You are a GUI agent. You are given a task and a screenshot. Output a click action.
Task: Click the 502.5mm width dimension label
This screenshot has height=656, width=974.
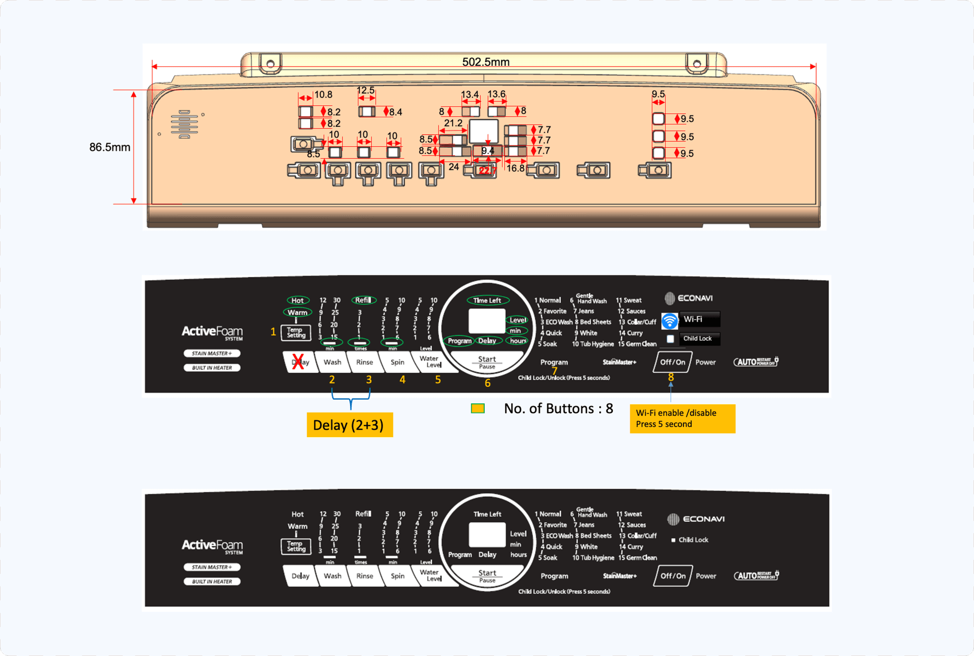[x=486, y=62]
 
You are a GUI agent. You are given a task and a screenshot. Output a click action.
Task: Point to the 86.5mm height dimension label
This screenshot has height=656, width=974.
[x=109, y=147]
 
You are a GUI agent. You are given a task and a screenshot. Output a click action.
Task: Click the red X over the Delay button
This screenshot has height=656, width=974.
[x=298, y=361]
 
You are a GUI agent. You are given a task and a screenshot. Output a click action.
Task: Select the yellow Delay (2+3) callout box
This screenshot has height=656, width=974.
[x=350, y=425]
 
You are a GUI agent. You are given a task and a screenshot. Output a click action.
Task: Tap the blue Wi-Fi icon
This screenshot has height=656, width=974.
[x=670, y=321]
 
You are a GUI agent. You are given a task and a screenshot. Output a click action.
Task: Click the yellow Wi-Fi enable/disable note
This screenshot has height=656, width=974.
[x=682, y=419]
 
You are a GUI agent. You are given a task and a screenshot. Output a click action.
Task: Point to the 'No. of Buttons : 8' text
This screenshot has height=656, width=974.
[x=558, y=409]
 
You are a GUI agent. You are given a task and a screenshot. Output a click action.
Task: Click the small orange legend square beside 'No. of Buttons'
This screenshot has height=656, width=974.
[x=477, y=409]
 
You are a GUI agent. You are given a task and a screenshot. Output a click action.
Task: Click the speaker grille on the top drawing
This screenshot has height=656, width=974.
[x=184, y=124]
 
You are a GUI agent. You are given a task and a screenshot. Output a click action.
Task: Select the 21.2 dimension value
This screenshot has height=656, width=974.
[x=453, y=123]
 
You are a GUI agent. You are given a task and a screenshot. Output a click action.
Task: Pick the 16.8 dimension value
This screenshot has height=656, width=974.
[x=515, y=168]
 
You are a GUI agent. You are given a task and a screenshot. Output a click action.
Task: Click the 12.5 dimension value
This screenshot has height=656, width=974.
[x=365, y=90]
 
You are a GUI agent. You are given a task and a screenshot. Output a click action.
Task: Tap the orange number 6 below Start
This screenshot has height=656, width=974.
[x=487, y=383]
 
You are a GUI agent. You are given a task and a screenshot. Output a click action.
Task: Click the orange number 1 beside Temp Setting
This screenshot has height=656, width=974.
[x=273, y=332]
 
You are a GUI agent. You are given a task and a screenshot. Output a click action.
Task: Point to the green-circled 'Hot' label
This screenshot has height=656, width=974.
[x=298, y=300]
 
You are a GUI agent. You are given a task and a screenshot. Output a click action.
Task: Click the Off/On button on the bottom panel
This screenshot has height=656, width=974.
[x=672, y=576]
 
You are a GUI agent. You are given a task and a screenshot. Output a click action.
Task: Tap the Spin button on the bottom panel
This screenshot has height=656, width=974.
[x=398, y=576]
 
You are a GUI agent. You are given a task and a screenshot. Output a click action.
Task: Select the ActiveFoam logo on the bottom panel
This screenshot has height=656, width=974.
[x=212, y=546]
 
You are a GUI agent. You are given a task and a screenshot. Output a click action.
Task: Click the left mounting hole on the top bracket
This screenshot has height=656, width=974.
[x=270, y=63]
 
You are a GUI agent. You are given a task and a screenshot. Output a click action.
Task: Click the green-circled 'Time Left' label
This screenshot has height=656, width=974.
[x=487, y=300]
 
